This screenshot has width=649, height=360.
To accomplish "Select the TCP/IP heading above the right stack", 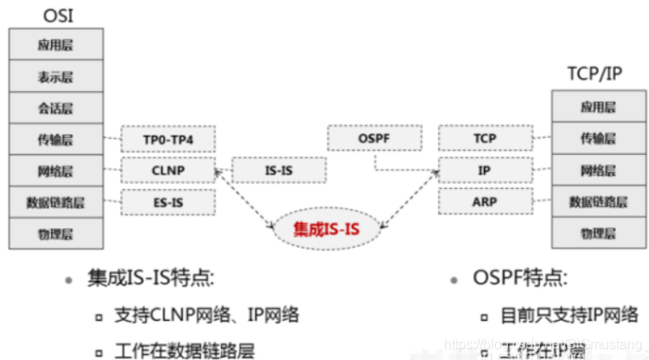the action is coord(595,74).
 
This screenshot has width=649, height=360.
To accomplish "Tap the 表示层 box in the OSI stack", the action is coord(55,77).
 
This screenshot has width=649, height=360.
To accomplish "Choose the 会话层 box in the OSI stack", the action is coord(55,108).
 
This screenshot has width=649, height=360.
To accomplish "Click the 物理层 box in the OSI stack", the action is coord(55,233).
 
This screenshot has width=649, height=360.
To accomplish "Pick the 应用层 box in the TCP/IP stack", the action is coord(598,107).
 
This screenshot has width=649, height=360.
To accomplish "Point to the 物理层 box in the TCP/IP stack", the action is coord(598,232).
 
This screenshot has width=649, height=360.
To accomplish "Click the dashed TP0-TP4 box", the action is coord(168,139).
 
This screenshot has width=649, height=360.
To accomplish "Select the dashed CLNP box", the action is coord(168,170).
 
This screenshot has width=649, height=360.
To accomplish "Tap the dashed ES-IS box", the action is coord(168,202).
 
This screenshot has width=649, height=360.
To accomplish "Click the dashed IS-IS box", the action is coord(278,170).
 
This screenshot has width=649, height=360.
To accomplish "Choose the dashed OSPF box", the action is coord(374,138).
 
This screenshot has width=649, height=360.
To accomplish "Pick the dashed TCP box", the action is coord(484,138).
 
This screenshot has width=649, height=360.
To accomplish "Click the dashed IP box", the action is coord(484,170).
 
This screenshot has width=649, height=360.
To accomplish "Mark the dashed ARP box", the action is coord(484,202).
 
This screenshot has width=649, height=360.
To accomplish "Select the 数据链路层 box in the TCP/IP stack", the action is coord(598,202).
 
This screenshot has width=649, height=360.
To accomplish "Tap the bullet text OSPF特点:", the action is coord(520,278).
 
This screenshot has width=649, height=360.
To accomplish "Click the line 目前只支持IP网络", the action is coord(568,315).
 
